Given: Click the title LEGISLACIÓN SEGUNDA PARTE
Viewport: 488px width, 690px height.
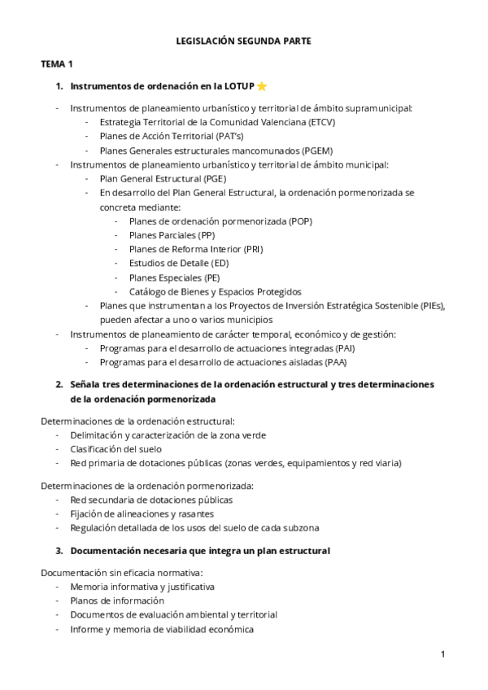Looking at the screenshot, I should [x=243, y=40].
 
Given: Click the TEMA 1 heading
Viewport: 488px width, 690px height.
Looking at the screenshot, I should [x=57, y=63].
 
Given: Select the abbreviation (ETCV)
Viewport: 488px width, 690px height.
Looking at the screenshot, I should [x=322, y=122].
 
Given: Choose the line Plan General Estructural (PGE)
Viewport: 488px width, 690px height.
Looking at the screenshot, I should [x=163, y=178].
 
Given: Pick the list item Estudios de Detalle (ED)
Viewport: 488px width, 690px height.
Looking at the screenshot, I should [x=179, y=263].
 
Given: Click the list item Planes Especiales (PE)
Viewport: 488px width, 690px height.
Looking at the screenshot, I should [x=174, y=277].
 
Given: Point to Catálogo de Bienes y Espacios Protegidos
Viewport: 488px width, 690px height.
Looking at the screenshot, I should [x=215, y=291].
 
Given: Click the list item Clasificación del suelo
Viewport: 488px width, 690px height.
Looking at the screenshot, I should [x=115, y=448].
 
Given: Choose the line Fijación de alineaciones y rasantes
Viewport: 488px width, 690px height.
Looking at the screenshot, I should [x=142, y=513].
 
